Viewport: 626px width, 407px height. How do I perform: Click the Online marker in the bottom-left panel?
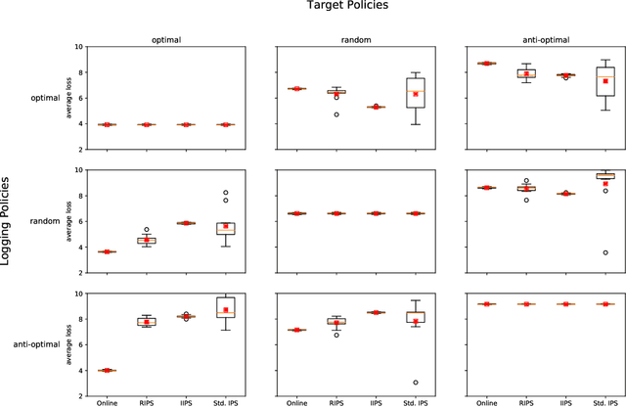pos(107,370)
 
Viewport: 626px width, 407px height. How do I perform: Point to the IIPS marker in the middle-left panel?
pos(186,223)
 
